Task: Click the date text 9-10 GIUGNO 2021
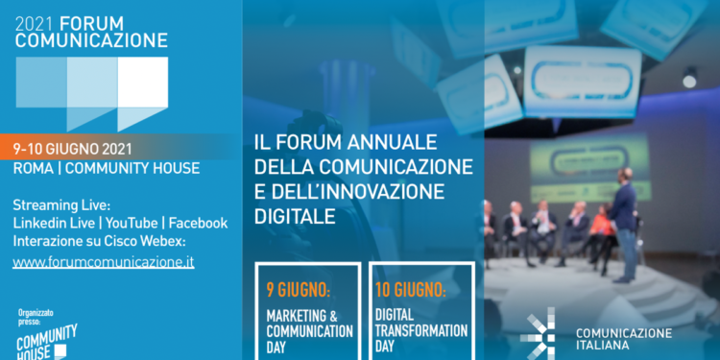point(73,149)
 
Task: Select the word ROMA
point(33,169)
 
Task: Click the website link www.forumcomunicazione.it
point(104,261)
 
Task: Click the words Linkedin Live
point(55,223)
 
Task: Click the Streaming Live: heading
point(62,204)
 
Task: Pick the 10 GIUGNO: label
point(412,288)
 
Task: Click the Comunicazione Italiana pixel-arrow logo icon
point(539,333)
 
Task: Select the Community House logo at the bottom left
point(46,342)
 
